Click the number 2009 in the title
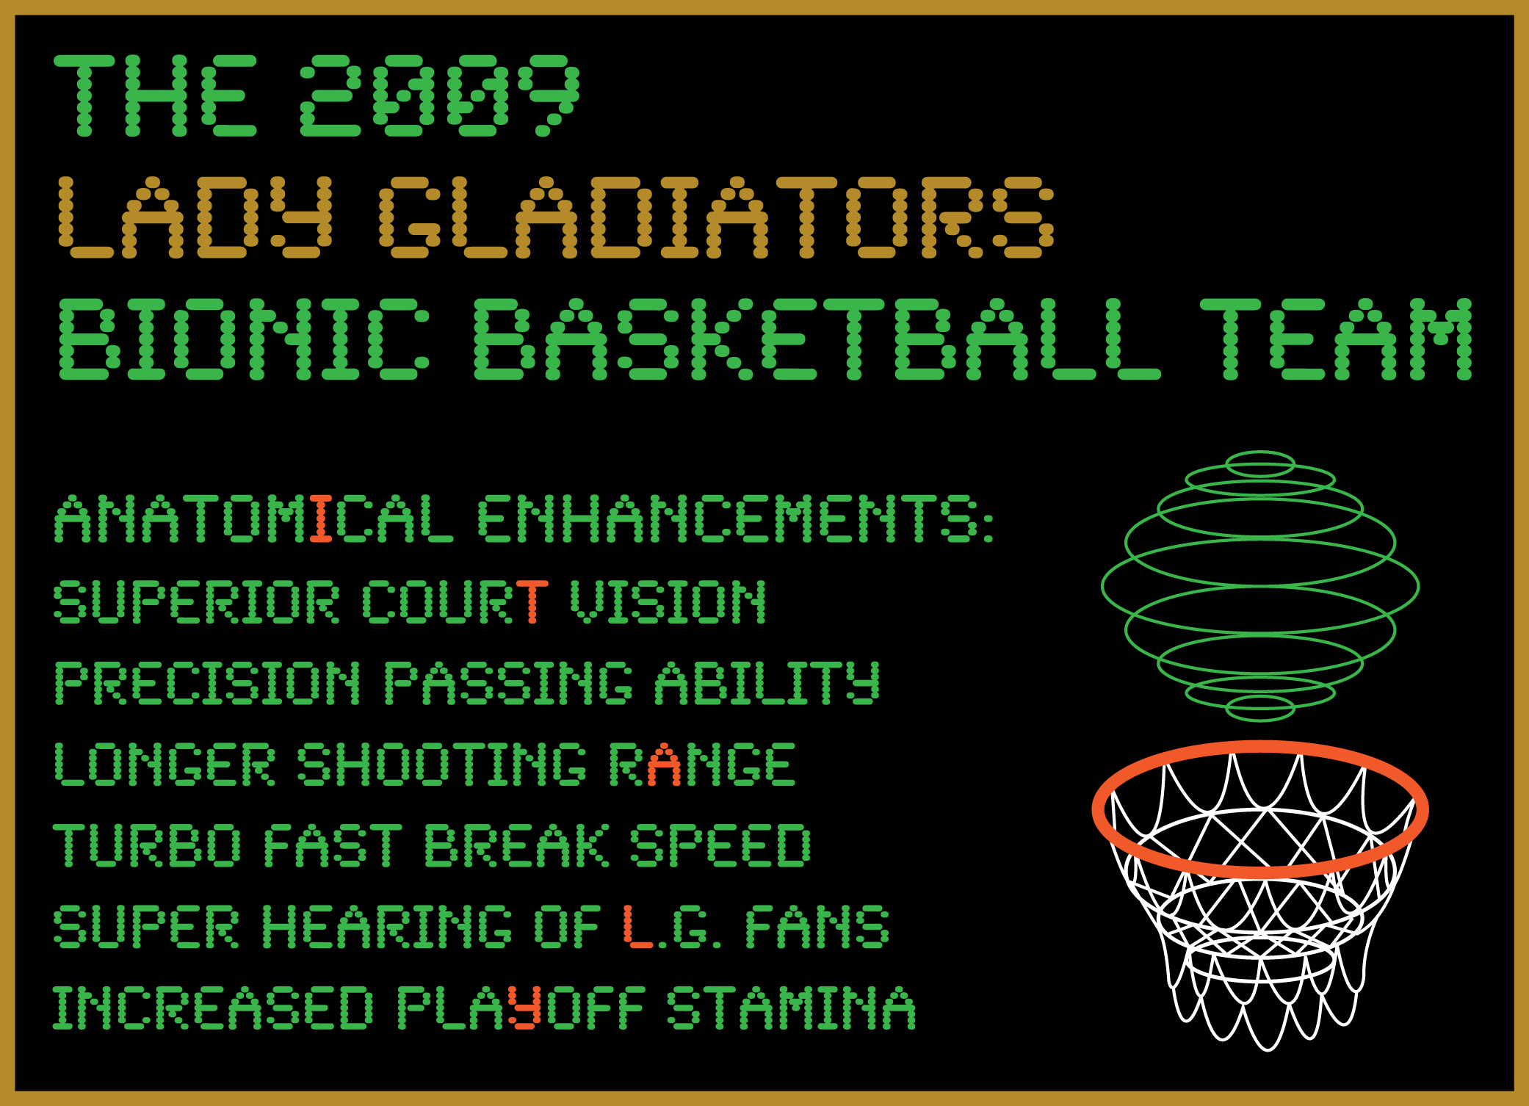pos(440,95)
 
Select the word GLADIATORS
pos(717,217)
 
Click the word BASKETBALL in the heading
pos(817,339)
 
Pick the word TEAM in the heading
pos(1336,339)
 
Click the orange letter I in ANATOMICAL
pos(321,518)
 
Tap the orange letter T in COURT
pos(532,601)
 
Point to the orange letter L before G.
pos(637,926)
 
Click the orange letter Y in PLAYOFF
pos(524,1008)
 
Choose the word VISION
pos(668,601)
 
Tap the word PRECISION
pos(208,683)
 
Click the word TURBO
pos(148,845)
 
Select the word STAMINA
pos(792,1008)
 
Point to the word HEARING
pos(387,926)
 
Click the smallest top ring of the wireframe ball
pos(1260,452)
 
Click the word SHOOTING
pos(442,764)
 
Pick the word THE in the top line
pos(156,95)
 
